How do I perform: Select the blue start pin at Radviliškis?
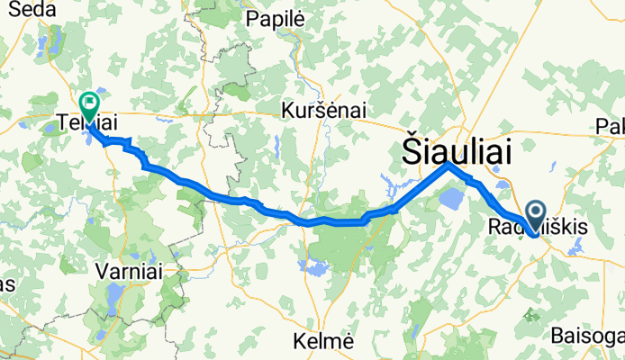click(x=537, y=214)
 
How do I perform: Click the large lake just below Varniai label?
click(x=114, y=293)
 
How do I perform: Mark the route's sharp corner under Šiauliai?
click(x=448, y=165)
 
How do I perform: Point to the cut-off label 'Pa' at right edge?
click(x=615, y=127)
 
